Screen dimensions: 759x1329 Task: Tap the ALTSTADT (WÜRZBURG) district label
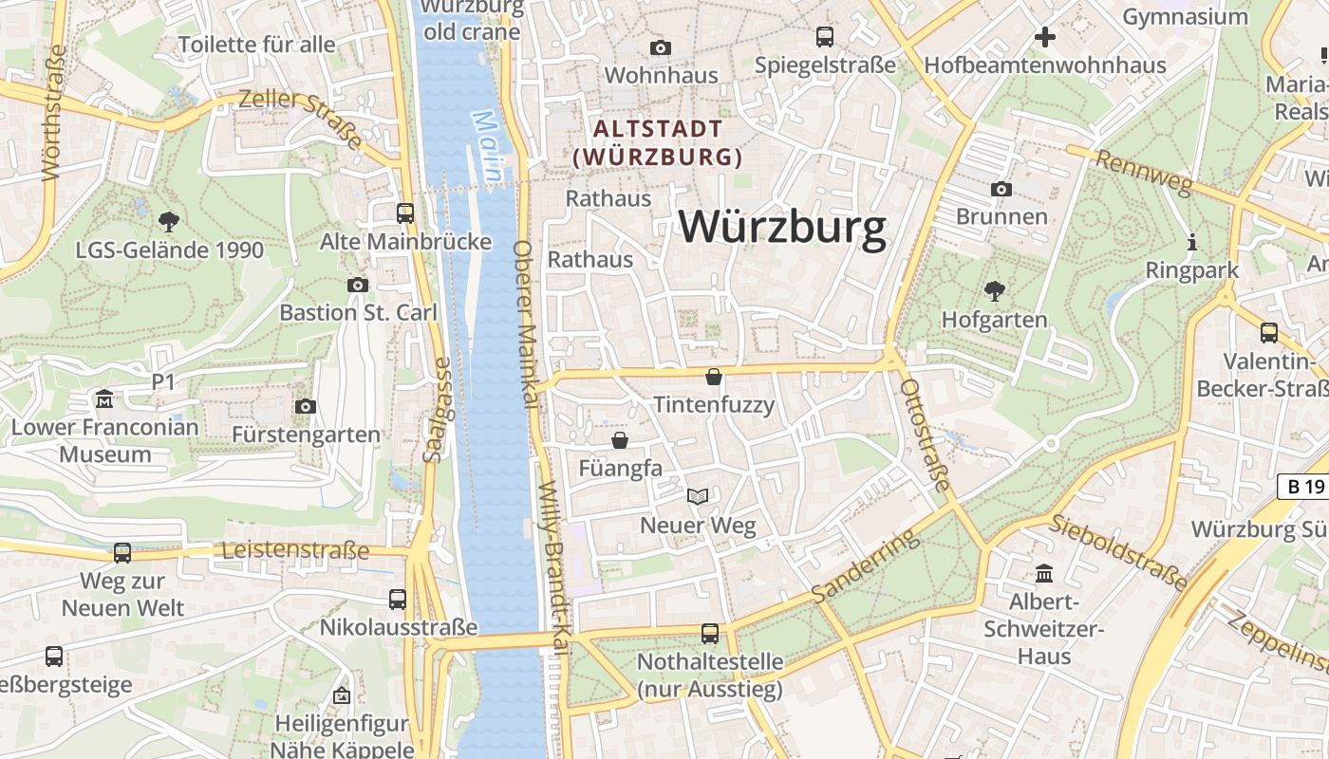click(658, 142)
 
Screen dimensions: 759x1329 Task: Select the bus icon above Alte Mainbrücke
click(405, 213)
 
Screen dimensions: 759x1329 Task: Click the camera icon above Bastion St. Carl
click(358, 285)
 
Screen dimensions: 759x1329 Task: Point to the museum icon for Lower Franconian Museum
click(104, 398)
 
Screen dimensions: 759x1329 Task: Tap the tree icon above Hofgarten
click(994, 290)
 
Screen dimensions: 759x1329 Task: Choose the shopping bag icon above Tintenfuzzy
click(714, 377)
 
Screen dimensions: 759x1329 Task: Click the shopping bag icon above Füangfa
click(620, 440)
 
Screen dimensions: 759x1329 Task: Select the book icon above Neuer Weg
click(698, 496)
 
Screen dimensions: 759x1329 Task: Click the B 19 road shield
click(1302, 487)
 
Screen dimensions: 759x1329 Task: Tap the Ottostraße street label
click(924, 435)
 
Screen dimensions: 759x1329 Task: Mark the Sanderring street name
click(865, 566)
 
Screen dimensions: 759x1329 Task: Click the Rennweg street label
click(1141, 172)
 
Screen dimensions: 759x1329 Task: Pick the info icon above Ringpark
click(1192, 242)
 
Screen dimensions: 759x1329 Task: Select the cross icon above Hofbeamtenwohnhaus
click(1045, 37)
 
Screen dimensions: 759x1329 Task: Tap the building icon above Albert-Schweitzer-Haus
click(1045, 573)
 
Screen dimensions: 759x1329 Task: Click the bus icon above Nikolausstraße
click(398, 599)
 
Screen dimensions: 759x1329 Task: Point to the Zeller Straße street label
click(301, 119)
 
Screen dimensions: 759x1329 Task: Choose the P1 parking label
click(164, 381)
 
